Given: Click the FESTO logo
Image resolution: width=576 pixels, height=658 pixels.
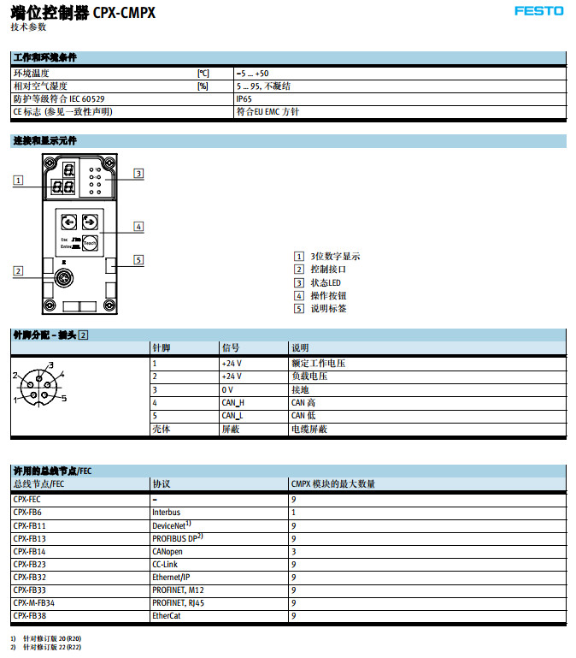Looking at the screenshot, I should (538, 11).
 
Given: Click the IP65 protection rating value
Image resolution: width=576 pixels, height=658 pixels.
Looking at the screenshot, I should (244, 98).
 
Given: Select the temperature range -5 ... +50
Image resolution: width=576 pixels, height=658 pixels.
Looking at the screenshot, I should (252, 74).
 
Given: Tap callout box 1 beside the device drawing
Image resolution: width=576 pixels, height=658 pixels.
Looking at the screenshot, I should (18, 180).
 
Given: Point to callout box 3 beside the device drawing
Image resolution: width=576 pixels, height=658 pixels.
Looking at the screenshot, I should (138, 174).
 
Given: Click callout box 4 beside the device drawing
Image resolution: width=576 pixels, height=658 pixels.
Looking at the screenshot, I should (138, 227).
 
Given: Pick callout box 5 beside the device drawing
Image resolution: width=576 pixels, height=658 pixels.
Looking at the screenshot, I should (138, 260).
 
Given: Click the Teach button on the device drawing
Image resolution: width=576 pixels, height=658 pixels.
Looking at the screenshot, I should (91, 243).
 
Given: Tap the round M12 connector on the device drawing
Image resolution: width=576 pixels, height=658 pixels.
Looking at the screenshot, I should (62, 278).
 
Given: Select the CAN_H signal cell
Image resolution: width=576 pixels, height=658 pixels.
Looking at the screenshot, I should (232, 402).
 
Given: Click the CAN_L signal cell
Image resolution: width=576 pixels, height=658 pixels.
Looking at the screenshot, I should (232, 416).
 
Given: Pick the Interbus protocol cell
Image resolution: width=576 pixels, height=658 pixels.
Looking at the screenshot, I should (167, 512).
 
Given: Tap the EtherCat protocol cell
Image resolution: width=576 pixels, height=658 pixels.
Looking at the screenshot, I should (167, 615).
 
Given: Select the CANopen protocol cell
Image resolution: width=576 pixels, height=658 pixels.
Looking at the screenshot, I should (168, 551).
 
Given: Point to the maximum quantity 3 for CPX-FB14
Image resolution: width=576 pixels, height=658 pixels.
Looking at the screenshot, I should (294, 551).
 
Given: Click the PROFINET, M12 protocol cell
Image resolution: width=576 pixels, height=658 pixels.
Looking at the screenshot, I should (179, 590).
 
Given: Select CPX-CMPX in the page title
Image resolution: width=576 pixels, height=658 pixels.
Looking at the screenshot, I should (124, 13).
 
